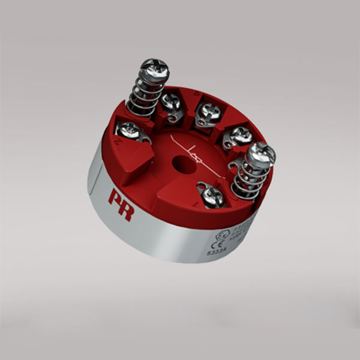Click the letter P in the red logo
(113, 197)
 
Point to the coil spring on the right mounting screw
(249, 178)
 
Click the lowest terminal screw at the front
(212, 196)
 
